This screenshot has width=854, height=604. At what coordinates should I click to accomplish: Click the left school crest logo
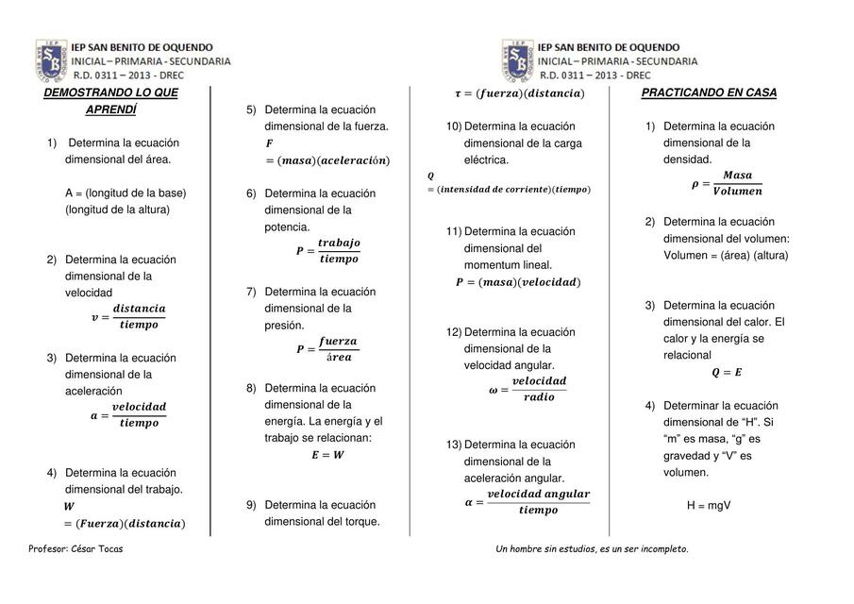[51, 60]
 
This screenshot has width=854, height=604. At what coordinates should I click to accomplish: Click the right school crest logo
[518, 60]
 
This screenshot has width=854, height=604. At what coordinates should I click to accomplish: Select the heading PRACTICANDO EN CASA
[709, 92]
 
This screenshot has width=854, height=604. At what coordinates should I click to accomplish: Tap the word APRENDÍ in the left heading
[110, 109]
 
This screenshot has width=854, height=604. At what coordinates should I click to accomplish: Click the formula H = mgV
[709, 506]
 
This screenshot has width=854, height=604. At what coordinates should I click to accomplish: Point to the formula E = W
[327, 455]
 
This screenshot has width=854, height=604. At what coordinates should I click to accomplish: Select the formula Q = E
[726, 373]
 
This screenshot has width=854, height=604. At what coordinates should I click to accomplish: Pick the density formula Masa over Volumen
[728, 183]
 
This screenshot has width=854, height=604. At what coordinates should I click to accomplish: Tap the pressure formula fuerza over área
[327, 349]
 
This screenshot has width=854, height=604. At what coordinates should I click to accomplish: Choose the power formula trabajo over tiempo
[327, 251]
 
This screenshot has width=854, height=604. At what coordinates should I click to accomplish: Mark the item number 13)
[454, 445]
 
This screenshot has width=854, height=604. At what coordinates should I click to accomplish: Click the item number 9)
[252, 505]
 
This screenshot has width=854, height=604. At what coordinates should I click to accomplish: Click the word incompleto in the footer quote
[663, 549]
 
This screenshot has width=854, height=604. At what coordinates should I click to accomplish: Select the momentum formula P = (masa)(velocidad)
[518, 282]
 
